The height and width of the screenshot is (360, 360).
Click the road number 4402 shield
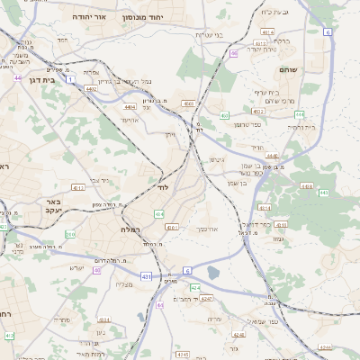coord(91,88)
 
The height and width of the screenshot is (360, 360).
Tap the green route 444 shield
coord(300,115)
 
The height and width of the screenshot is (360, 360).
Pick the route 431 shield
coord(146,276)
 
